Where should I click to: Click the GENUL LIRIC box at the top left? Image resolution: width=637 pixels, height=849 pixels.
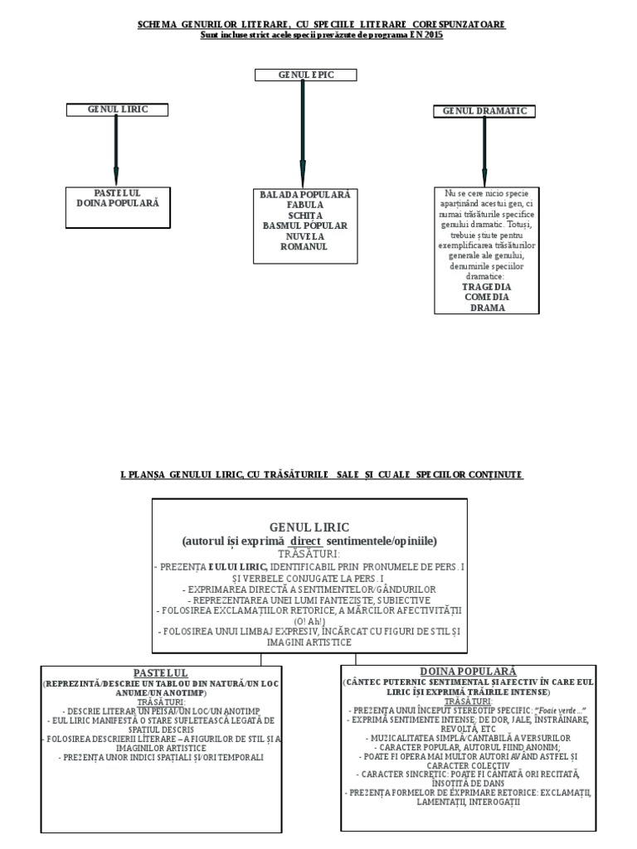(117, 109)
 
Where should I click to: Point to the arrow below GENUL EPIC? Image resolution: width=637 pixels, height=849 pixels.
(304, 133)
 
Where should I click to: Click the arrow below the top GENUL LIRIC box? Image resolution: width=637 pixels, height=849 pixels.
(116, 150)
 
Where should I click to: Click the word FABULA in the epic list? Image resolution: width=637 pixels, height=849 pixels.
(304, 204)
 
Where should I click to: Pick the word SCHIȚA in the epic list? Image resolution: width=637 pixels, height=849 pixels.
(304, 215)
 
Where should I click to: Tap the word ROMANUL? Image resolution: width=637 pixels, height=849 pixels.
(304, 246)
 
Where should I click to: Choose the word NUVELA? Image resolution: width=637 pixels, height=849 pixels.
(304, 235)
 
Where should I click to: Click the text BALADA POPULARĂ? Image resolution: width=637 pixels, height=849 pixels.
(304, 194)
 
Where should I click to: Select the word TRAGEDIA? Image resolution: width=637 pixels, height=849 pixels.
(486, 286)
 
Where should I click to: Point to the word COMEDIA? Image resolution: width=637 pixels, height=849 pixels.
(486, 297)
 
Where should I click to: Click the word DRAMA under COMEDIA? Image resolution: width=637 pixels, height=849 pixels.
(486, 308)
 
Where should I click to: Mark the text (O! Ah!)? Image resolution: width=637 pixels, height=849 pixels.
(309, 620)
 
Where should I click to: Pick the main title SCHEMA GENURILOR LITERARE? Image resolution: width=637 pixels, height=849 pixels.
(321, 25)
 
